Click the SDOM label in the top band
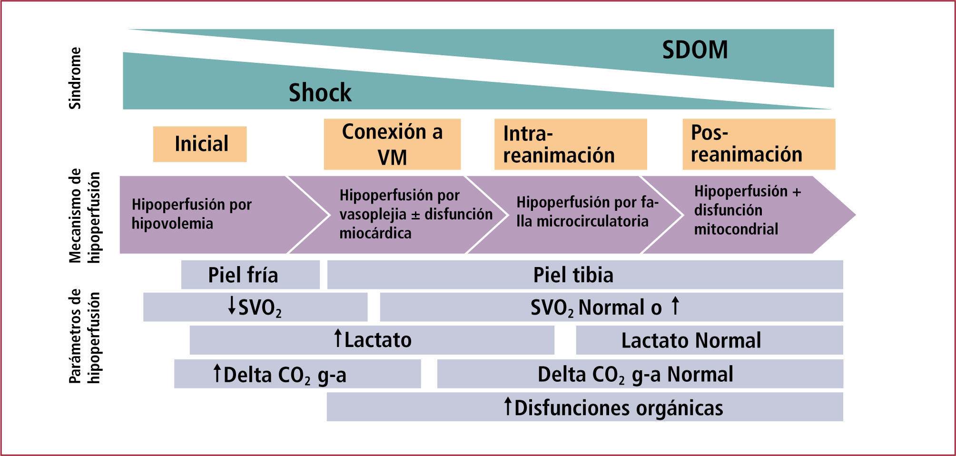pyautogui.click(x=695, y=50)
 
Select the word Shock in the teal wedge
pyautogui.click(x=320, y=92)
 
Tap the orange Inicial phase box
pyautogui.click(x=200, y=144)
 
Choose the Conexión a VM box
pyautogui.click(x=392, y=144)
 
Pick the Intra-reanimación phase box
pyautogui.click(x=570, y=144)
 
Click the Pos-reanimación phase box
pyautogui.click(x=758, y=144)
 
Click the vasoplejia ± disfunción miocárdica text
pyautogui.click(x=415, y=214)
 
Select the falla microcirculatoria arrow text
pyautogui.click(x=587, y=211)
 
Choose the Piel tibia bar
pyautogui.click(x=584, y=275)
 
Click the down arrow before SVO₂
pyautogui.click(x=232, y=306)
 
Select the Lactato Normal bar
pyautogui.click(x=709, y=340)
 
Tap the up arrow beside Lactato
pyautogui.click(x=338, y=338)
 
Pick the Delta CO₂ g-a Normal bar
pyautogui.click(x=640, y=374)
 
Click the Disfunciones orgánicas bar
pyautogui.click(x=584, y=407)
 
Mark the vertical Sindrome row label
pyautogui.click(x=75, y=78)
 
